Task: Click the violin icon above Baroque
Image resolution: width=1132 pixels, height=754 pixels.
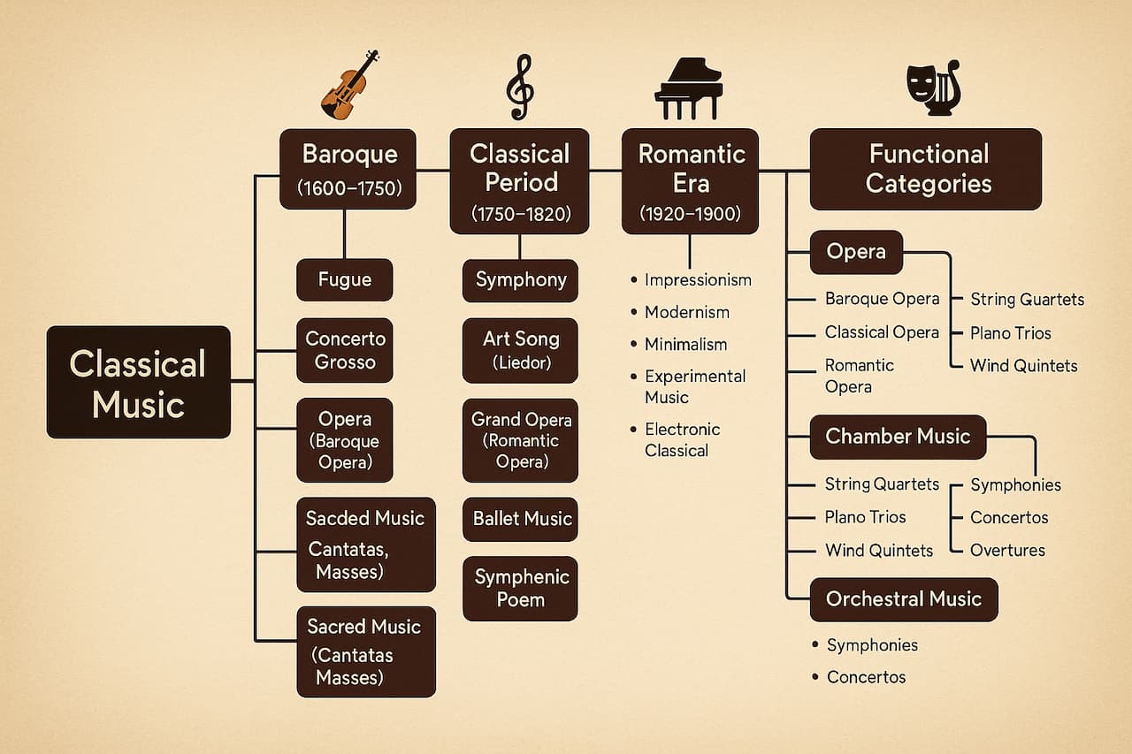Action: pyautogui.click(x=348, y=86)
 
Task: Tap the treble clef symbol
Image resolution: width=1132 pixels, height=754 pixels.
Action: pyautogui.click(x=519, y=87)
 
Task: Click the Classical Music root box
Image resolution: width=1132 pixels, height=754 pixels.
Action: pyautogui.click(x=138, y=382)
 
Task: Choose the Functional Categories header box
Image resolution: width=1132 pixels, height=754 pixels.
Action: pyautogui.click(x=926, y=169)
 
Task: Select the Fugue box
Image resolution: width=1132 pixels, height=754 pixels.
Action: pyautogui.click(x=344, y=279)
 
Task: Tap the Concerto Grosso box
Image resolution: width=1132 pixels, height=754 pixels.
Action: pyautogui.click(x=344, y=350)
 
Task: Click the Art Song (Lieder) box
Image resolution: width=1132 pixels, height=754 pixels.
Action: pyautogui.click(x=520, y=350)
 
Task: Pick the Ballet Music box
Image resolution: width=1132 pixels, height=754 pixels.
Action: pyautogui.click(x=522, y=519)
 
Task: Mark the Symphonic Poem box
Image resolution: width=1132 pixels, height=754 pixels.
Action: pyautogui.click(x=521, y=588)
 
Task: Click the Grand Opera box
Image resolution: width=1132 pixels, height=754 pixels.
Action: pyautogui.click(x=521, y=440)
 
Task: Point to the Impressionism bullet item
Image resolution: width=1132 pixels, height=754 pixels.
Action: pyautogui.click(x=697, y=280)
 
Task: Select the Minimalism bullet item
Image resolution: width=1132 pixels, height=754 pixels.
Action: pyautogui.click(x=685, y=344)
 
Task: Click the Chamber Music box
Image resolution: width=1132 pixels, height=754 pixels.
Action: pyautogui.click(x=898, y=437)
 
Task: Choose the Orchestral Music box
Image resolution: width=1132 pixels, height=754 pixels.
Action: pyautogui.click(x=903, y=599)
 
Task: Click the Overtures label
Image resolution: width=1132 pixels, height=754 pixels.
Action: pyautogui.click(x=1006, y=550)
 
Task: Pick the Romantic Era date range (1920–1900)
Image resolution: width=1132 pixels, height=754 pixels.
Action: pyautogui.click(x=691, y=215)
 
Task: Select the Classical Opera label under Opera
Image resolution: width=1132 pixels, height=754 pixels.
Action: pyautogui.click(x=881, y=332)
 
